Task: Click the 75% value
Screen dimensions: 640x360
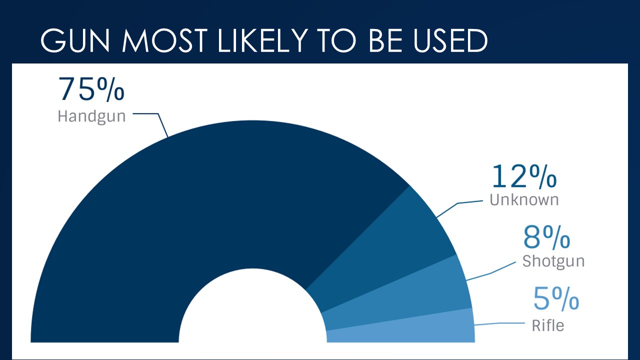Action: click(91, 89)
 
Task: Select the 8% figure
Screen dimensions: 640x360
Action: click(546, 237)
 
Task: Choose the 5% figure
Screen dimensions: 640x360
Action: click(556, 298)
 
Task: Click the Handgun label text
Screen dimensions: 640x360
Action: click(91, 116)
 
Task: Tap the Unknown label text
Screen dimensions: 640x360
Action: click(524, 199)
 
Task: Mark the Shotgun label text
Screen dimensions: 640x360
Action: click(553, 261)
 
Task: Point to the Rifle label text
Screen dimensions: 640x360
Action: click(548, 325)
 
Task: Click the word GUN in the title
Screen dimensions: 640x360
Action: click(75, 40)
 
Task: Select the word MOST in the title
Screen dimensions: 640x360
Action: click(164, 40)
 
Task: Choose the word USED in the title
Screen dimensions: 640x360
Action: click(450, 40)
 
